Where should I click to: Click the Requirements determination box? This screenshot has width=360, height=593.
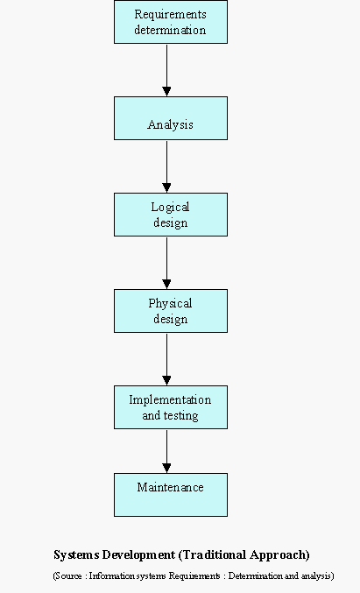click(x=171, y=22)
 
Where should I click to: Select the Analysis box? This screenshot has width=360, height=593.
click(x=171, y=118)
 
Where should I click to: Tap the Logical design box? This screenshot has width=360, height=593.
click(x=171, y=215)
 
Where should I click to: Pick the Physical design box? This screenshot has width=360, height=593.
click(x=171, y=311)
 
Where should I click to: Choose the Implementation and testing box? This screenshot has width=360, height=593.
click(x=171, y=407)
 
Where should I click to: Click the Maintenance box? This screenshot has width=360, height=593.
click(x=171, y=495)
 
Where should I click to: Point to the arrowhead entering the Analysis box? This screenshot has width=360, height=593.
click(x=166, y=91)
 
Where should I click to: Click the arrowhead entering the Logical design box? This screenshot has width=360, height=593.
click(x=166, y=188)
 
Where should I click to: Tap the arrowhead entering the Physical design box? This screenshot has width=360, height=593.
click(x=166, y=285)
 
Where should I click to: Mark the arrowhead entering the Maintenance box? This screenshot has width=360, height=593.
click(x=166, y=469)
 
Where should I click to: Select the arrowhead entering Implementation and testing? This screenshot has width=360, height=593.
click(x=166, y=381)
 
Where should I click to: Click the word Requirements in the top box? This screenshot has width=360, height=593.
click(x=170, y=15)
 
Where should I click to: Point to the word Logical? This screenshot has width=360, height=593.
click(x=170, y=208)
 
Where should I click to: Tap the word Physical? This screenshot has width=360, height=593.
click(x=170, y=304)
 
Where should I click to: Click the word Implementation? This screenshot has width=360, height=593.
click(x=170, y=399)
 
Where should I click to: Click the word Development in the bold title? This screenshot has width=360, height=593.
click(x=138, y=555)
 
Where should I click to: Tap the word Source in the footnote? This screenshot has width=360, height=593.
click(x=68, y=576)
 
